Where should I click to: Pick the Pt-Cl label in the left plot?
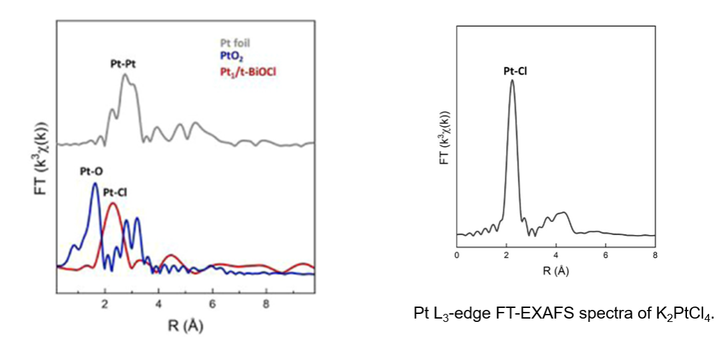[x=115, y=192]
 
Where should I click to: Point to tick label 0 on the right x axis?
[x=457, y=255]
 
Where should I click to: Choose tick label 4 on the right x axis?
[x=556, y=255]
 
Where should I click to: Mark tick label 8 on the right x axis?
[x=655, y=255]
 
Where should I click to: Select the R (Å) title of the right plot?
[x=555, y=271]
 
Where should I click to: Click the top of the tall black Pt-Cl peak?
[x=512, y=81]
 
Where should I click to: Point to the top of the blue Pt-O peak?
[x=95, y=184]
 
